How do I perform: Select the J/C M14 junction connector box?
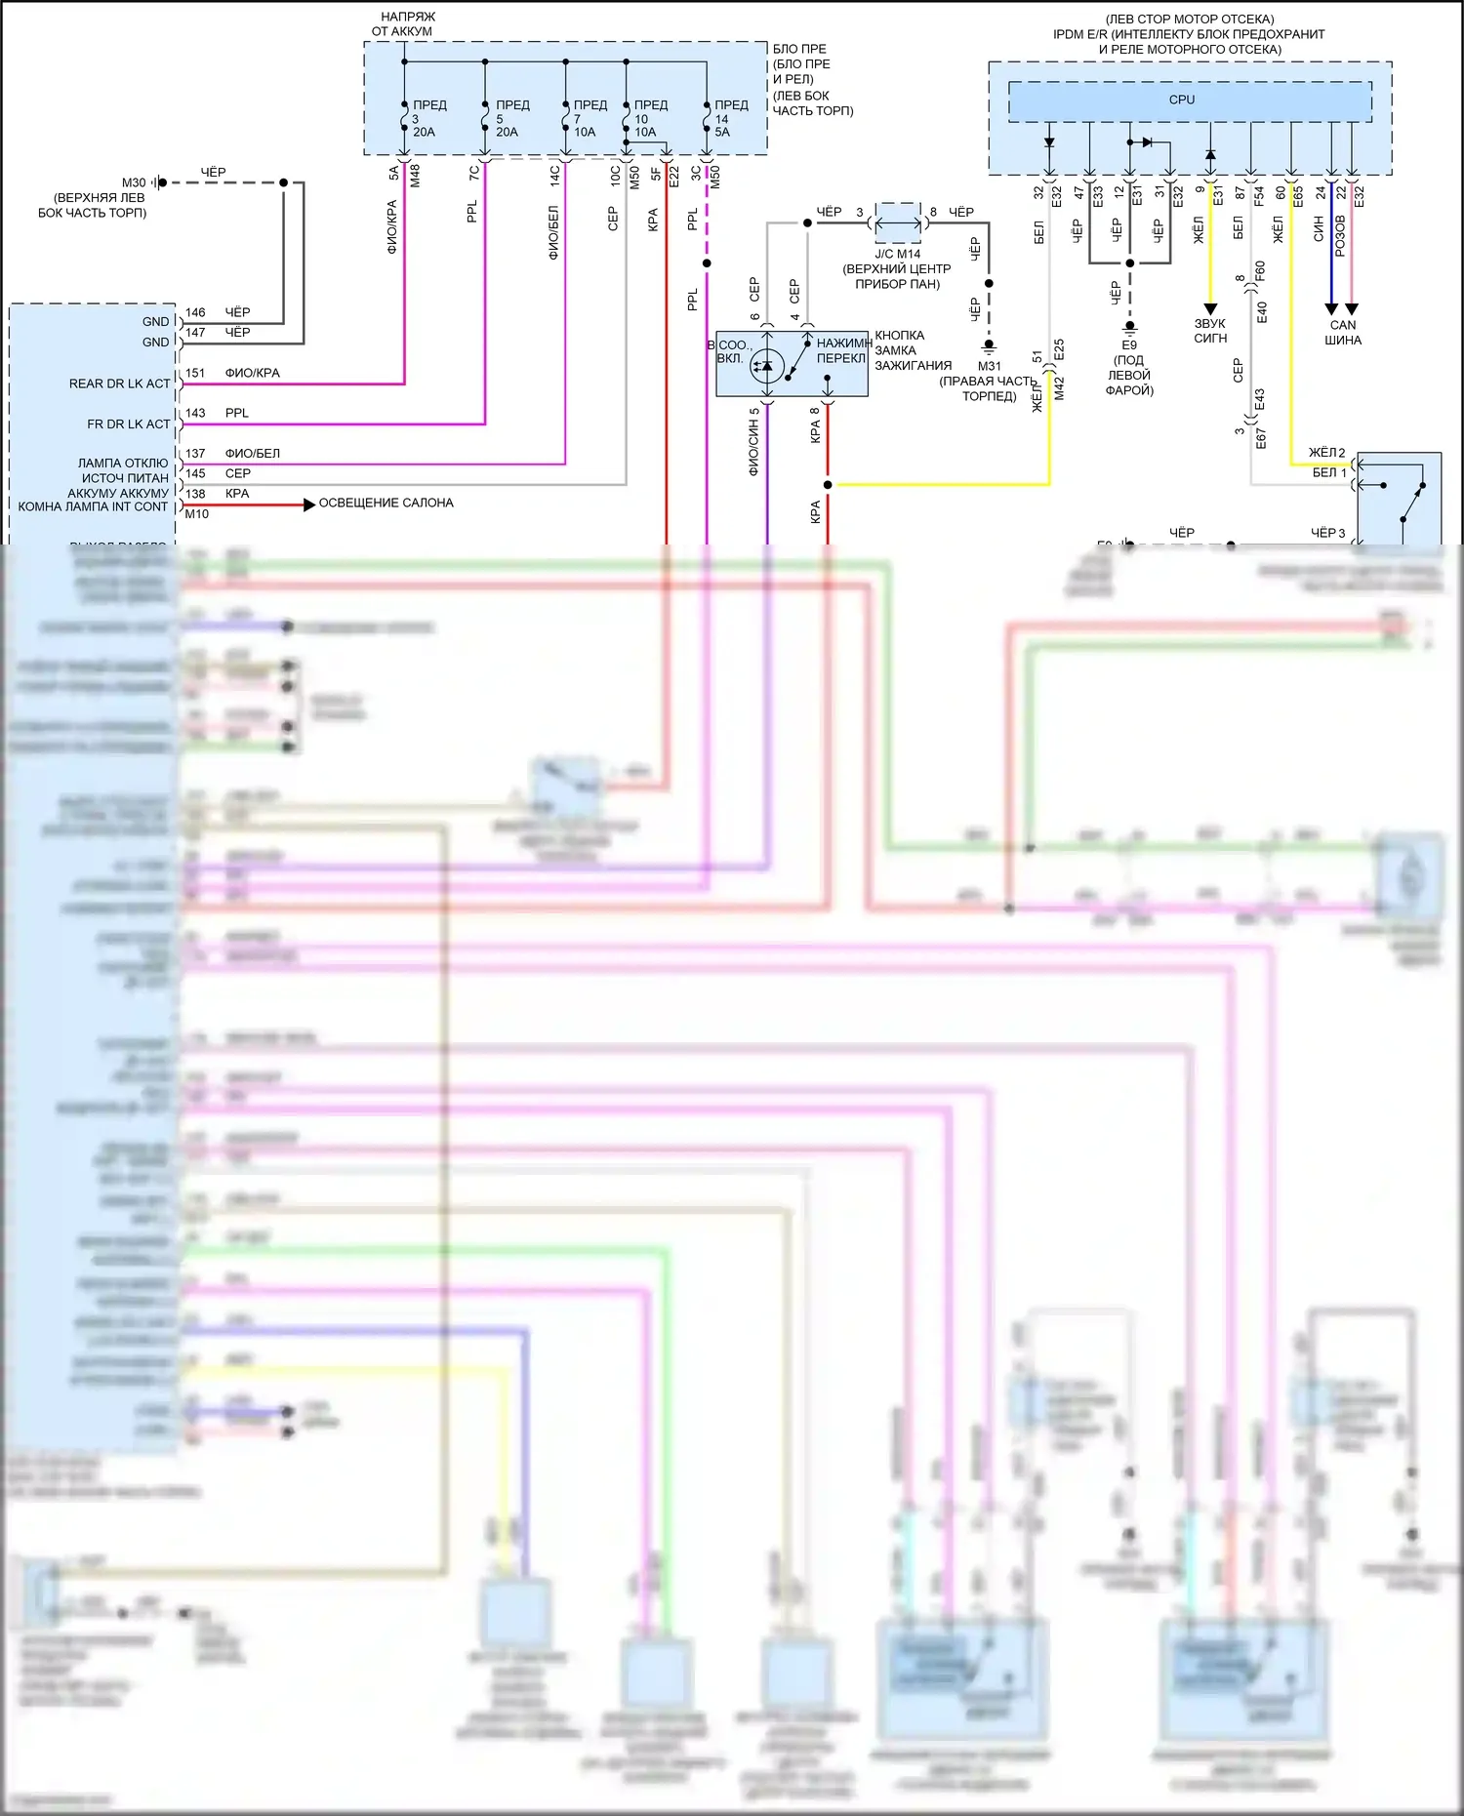898,223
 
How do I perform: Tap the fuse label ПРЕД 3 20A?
427,118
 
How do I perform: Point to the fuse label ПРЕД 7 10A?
589,118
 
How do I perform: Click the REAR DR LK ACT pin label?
119,383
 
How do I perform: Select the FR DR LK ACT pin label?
128,424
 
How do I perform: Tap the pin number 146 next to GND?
195,312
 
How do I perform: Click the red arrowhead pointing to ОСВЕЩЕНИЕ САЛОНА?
309,504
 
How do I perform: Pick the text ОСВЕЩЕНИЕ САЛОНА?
386,504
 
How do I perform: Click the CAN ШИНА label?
1343,333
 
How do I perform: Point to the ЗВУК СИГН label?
1210,331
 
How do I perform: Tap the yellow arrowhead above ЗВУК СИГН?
1210,308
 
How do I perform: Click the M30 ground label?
134,182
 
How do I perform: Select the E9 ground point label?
1129,345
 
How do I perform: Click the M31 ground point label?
989,366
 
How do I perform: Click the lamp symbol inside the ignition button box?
767,366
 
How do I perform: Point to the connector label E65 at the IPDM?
1298,197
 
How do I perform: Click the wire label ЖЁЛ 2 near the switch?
1326,453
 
